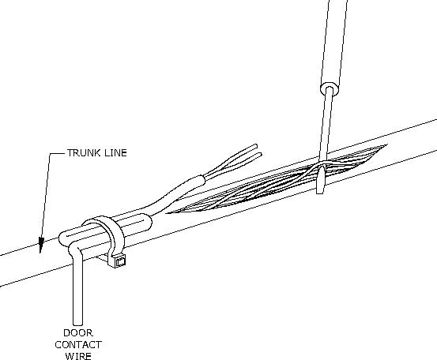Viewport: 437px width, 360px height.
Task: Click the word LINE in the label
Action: tap(115, 152)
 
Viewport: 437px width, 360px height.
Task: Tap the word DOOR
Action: tap(78, 332)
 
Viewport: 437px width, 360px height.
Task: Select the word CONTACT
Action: tap(78, 345)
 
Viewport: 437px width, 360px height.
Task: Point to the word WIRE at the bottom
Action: tap(78, 356)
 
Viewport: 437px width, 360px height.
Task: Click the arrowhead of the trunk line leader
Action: tap(41, 245)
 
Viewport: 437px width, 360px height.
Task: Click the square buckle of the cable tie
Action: tap(120, 261)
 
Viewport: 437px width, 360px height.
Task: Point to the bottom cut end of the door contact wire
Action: tap(77, 324)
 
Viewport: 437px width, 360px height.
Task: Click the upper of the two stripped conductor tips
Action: tap(255, 146)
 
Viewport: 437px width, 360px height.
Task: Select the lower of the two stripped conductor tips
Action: tap(260, 155)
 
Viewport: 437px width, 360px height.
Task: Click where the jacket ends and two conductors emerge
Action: tap(202, 179)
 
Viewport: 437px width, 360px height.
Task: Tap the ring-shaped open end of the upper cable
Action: tap(330, 89)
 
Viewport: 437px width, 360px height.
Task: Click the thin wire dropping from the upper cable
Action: tap(326, 126)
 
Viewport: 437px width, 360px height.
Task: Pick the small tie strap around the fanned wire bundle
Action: tap(321, 179)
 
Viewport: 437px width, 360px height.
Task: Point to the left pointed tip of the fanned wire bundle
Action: tap(168, 213)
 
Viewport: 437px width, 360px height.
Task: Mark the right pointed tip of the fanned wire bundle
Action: tap(385, 145)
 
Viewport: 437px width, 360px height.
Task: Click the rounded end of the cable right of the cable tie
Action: tap(148, 221)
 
